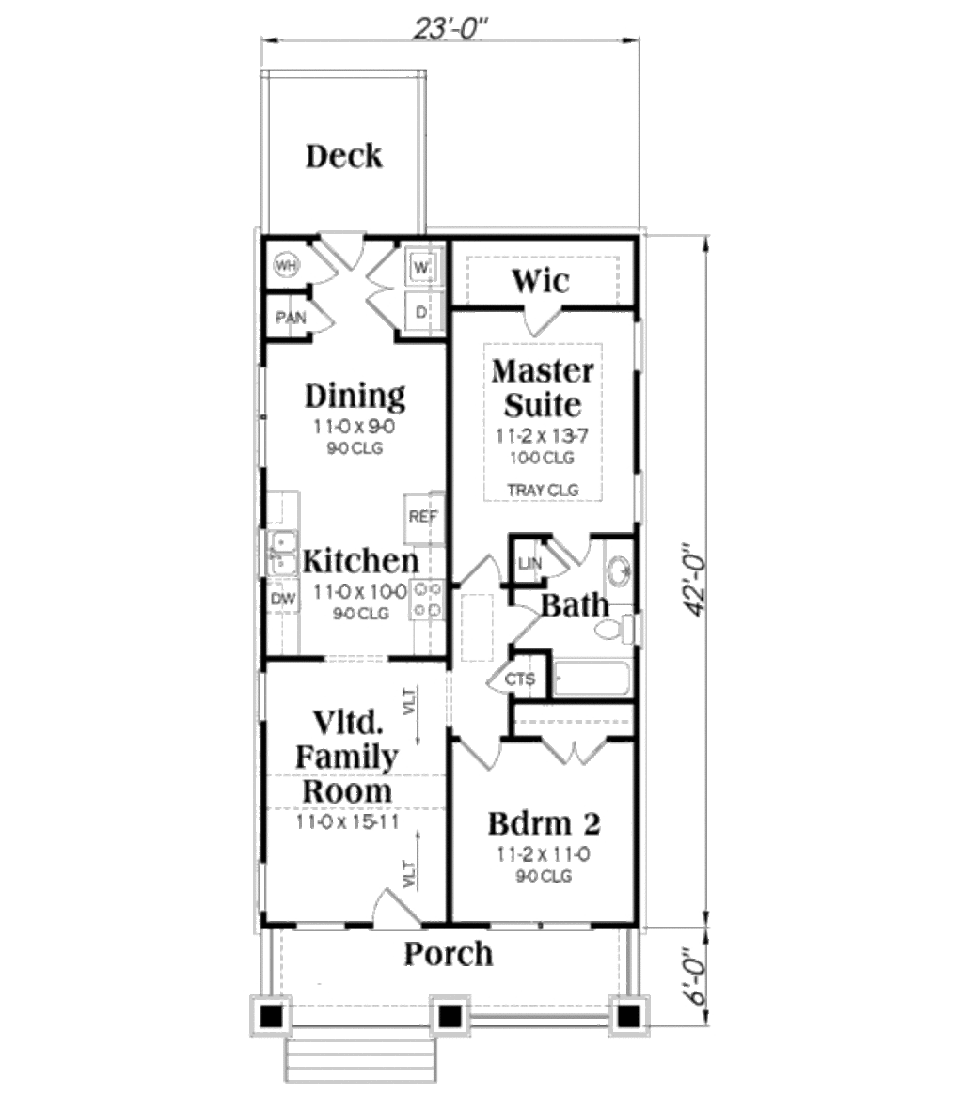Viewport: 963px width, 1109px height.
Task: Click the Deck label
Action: tap(344, 156)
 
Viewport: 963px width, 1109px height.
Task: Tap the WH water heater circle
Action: tap(285, 266)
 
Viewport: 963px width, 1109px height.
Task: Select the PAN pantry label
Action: tap(291, 318)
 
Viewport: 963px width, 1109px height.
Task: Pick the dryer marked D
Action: tap(420, 311)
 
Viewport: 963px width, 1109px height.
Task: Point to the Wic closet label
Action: tap(540, 280)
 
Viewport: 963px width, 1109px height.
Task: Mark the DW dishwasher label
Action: tap(281, 599)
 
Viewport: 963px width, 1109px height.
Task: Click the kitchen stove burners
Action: tap(427, 600)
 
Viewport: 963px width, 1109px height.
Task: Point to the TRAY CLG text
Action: tap(542, 490)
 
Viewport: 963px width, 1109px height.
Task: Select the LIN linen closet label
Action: tap(530, 563)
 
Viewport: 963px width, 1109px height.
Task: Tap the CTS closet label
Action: tap(519, 679)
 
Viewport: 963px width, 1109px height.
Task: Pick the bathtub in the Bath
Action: tap(592, 679)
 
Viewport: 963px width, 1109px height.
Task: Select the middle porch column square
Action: tap(450, 1015)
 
